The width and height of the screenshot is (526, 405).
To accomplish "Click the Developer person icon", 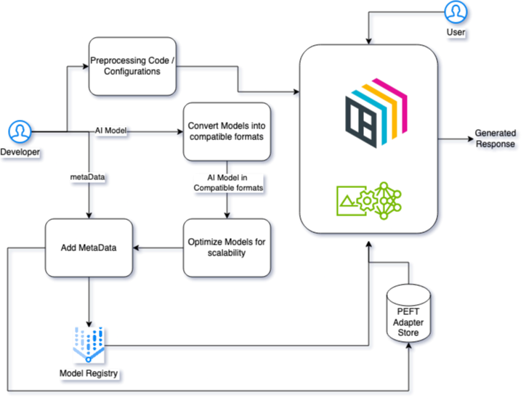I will pyautogui.click(x=20, y=132).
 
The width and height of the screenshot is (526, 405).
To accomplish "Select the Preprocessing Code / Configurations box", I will pyautogui.click(x=133, y=66).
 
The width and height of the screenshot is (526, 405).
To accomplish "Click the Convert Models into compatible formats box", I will pyautogui.click(x=227, y=131).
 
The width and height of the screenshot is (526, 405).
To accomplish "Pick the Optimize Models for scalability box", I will pyautogui.click(x=227, y=247).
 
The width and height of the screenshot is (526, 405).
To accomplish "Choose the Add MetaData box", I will pyautogui.click(x=89, y=247).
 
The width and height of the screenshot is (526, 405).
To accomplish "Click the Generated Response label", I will pyautogui.click(x=495, y=139).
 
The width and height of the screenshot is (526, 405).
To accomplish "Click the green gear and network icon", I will pyautogui.click(x=369, y=200).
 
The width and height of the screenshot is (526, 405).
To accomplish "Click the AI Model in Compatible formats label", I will pyautogui.click(x=227, y=182).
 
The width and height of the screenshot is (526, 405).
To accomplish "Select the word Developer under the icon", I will pyautogui.click(x=20, y=152).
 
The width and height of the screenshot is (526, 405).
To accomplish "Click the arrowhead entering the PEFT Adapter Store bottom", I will pyautogui.click(x=410, y=346).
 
